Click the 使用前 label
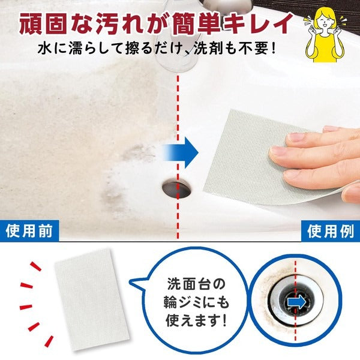pyautogui.click(x=29, y=231)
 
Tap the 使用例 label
pyautogui.click(x=331, y=232)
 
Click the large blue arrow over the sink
pyautogui.click(x=181, y=152)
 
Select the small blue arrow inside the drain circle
pyautogui.click(x=296, y=302)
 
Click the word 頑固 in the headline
pyautogui.click(x=44, y=23)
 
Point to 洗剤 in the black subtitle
pyautogui.click(x=212, y=49)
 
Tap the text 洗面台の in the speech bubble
pyautogui.click(x=196, y=284)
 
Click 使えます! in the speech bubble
pyautogui.click(x=196, y=320)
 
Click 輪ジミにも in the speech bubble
pyautogui.click(x=196, y=302)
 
